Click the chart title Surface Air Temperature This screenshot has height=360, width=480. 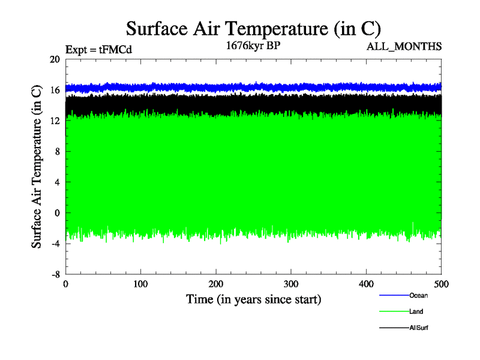tap(253, 29)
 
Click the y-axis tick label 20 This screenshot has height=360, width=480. tap(55, 59)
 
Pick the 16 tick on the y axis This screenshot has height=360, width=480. tap(55, 90)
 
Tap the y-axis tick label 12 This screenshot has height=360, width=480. tap(55, 121)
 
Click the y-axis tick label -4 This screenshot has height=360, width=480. tap(54, 244)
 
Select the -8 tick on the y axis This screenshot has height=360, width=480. tap(54, 274)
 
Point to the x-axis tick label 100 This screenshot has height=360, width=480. tap(141, 284)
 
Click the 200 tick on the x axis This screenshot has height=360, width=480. tap(216, 284)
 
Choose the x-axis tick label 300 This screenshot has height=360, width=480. tap(291, 284)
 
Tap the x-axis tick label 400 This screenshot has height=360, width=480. tap(366, 284)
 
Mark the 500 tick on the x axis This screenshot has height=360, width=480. tap(441, 284)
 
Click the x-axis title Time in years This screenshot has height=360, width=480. tap(253, 298)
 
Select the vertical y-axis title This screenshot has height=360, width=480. tap(37, 167)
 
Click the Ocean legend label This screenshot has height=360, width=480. tap(418, 295)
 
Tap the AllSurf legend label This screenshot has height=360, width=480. tap(419, 328)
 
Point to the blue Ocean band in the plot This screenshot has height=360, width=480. tap(252, 87)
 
